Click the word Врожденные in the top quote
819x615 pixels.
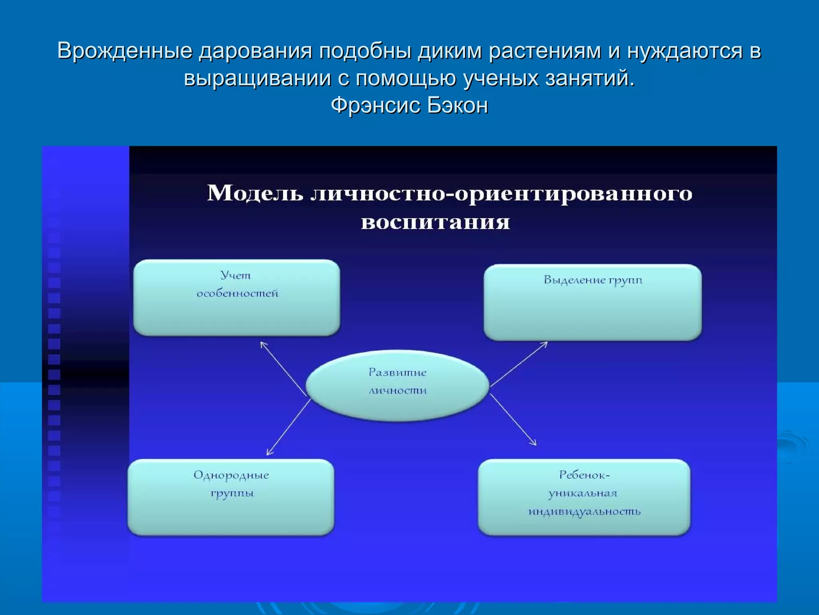[x=124, y=51]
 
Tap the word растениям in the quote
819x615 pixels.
[x=544, y=51]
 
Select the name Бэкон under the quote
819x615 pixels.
[x=457, y=106]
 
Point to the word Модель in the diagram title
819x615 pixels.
[x=255, y=193]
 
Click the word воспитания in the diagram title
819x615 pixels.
[x=435, y=222]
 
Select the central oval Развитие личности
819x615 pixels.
[x=397, y=385]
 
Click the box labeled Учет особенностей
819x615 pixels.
[x=236, y=297]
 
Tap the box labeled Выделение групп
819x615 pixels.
[x=592, y=302]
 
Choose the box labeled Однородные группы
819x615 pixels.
[x=231, y=497]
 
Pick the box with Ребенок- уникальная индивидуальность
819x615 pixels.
[x=584, y=497]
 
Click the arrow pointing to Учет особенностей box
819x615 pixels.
[x=284, y=369]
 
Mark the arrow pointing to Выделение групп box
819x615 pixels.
[x=519, y=364]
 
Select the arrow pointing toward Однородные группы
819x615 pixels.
[x=288, y=427]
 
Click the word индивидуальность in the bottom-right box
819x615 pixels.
[x=584, y=512]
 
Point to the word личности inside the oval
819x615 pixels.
[x=398, y=391]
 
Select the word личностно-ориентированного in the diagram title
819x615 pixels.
[x=501, y=194]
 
